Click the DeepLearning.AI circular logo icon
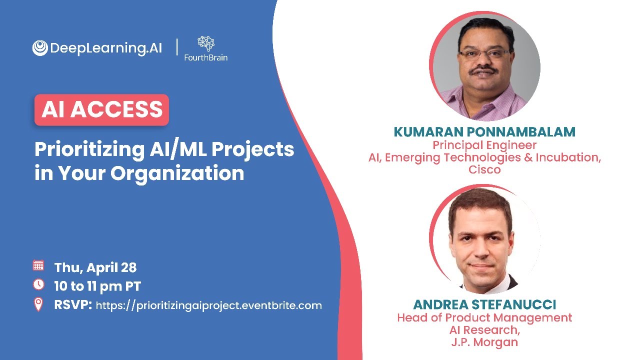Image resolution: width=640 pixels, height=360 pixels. (40, 48)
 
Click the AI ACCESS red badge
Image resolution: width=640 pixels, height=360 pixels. (101, 109)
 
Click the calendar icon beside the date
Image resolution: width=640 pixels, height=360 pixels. (38, 266)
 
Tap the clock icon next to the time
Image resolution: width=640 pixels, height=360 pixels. (38, 285)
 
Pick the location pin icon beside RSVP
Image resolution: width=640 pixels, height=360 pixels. (38, 304)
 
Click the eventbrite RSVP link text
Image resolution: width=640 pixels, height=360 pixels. (208, 305)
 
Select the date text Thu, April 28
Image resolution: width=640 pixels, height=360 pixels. (95, 267)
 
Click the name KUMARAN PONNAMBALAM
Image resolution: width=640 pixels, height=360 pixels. (484, 132)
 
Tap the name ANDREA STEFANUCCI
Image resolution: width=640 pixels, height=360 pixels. (484, 304)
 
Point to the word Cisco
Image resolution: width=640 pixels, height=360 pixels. (484, 169)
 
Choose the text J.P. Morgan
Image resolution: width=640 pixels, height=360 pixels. (484, 342)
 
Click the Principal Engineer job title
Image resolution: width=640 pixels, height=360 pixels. (484, 145)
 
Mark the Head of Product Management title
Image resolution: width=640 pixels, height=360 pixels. (484, 317)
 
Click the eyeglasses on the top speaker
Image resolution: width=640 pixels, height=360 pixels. (483, 54)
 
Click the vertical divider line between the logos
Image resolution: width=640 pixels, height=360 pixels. (177, 48)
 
